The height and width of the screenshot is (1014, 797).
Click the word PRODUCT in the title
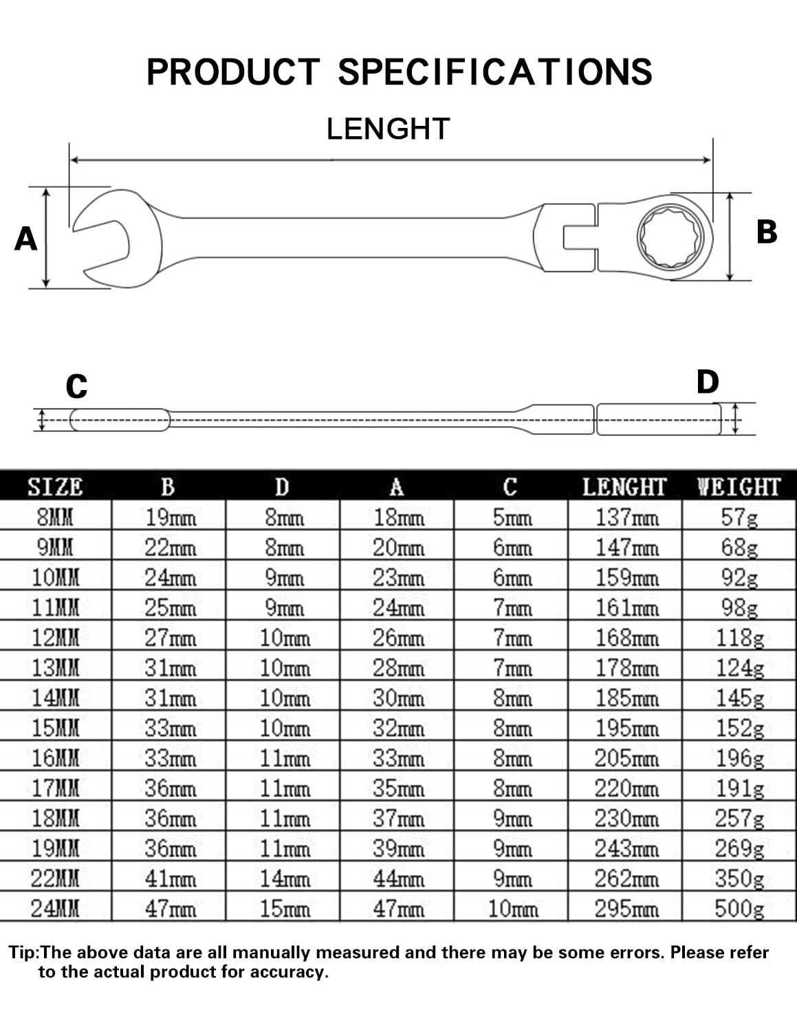tap(233, 72)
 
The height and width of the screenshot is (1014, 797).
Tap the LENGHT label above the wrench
tap(389, 129)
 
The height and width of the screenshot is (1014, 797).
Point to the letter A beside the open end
tap(25, 239)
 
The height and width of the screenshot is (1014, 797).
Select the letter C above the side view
tap(76, 387)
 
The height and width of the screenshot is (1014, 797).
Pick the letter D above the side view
tap(708, 382)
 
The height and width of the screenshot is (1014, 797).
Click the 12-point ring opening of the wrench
tap(670, 237)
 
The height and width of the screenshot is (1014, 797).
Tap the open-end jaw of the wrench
tap(118, 239)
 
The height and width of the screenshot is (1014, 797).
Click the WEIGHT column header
tap(739, 487)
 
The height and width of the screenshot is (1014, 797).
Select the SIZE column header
tap(55, 487)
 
